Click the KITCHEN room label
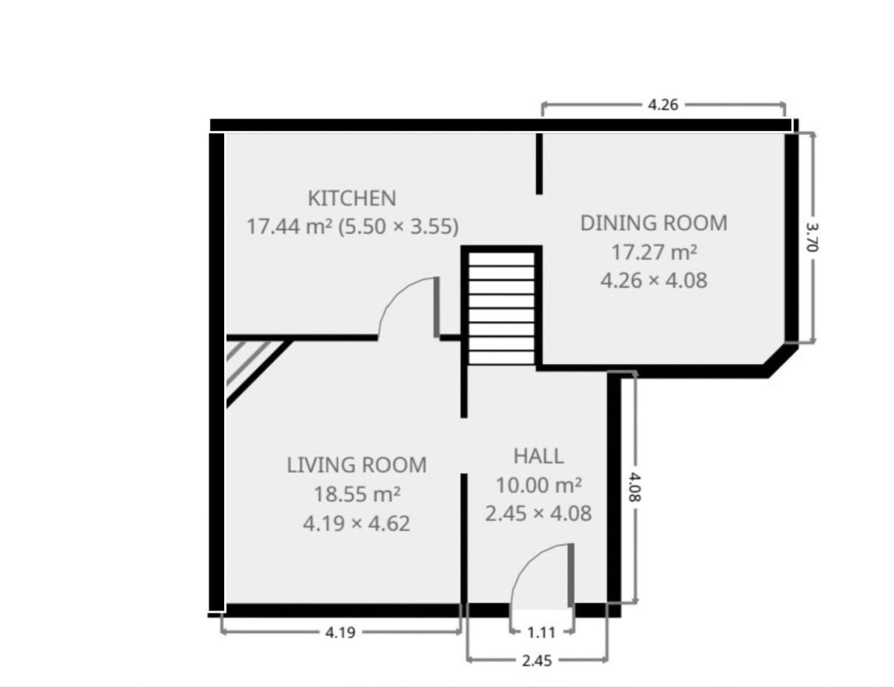coord(352,198)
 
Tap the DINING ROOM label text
coord(654,223)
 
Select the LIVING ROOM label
coord(357,465)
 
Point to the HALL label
coord(539,456)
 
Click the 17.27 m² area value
coord(654,252)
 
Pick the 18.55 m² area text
coord(357,494)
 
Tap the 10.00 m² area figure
coord(539,485)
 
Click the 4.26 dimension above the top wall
coord(663,105)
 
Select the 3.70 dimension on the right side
coord(812,237)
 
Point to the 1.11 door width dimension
coord(541,632)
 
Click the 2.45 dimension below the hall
coord(537,661)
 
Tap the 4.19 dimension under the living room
coord(340,632)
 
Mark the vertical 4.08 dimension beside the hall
coord(635,487)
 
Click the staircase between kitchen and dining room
coord(501,308)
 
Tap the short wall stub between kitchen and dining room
coord(539,164)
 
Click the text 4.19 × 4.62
coord(357,524)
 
